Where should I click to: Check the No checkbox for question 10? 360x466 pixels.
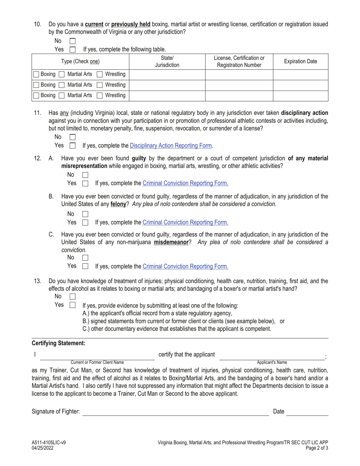[x=73, y=41]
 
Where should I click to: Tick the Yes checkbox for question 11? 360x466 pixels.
[x=73, y=145]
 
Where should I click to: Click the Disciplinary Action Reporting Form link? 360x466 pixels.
[x=171, y=145]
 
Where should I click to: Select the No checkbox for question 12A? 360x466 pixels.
[x=85, y=175]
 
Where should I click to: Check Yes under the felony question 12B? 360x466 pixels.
[x=85, y=222]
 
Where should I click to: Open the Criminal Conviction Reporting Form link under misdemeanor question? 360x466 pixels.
[x=185, y=266]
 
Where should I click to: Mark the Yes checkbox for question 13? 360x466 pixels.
[x=73, y=305]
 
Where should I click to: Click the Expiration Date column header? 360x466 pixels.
[x=301, y=61]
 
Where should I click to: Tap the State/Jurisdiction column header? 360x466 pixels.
[x=167, y=61]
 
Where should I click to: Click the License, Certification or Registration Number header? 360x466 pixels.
[x=239, y=61]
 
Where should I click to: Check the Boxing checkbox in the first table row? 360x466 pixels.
[x=36, y=74]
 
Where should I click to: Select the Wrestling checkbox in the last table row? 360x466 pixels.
[x=100, y=95]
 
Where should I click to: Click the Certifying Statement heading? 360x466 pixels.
[x=58, y=343]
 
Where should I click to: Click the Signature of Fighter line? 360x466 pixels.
[x=175, y=412]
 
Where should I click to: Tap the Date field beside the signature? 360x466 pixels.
[x=307, y=412]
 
